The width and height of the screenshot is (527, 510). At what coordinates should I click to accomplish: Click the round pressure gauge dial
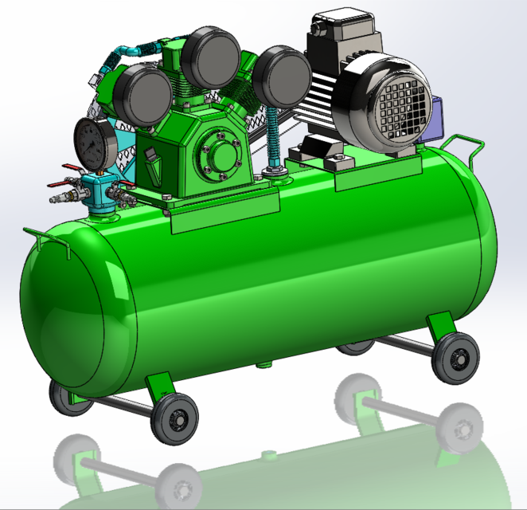tap(93, 144)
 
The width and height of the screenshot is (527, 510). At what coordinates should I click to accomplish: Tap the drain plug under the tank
tap(263, 366)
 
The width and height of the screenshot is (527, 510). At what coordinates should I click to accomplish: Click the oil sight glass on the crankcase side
tap(154, 168)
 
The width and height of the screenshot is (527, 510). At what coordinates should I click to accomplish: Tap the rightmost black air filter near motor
tap(281, 76)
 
